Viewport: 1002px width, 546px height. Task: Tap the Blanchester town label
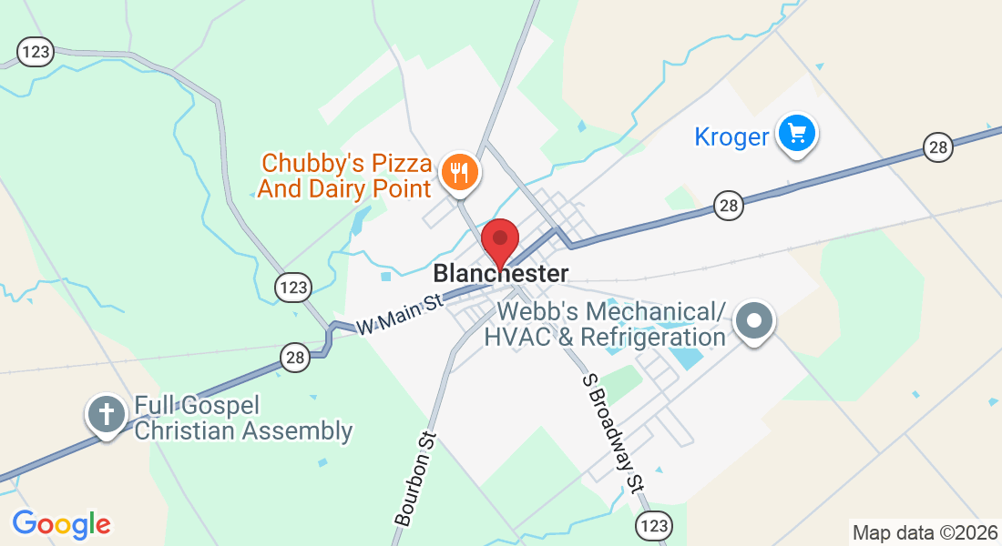click(501, 273)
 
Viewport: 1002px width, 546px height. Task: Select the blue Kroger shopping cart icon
click(797, 135)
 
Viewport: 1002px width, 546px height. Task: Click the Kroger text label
click(731, 137)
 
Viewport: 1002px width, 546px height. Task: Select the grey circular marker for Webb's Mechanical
click(754, 322)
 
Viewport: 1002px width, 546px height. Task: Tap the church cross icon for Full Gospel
click(107, 415)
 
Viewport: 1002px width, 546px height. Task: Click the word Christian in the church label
click(183, 430)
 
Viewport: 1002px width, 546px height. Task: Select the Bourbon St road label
click(417, 478)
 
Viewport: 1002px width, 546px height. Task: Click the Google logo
click(61, 524)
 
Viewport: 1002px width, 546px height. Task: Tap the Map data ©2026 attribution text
click(924, 532)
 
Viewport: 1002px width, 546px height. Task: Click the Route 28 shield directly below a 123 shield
click(294, 359)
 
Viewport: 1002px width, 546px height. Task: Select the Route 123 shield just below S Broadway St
click(655, 525)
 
